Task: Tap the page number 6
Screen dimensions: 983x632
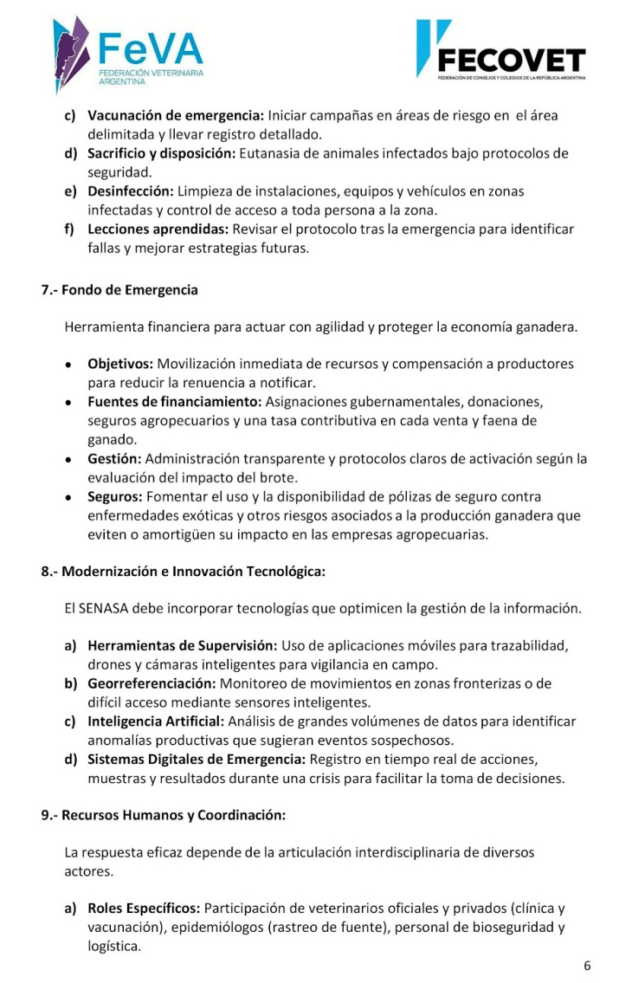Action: pyautogui.click(x=587, y=966)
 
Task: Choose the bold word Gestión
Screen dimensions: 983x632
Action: pyautogui.click(x=113, y=458)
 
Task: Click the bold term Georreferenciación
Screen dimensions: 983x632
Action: pyautogui.click(x=152, y=684)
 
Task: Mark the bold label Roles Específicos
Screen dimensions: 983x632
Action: pyautogui.click(x=144, y=909)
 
